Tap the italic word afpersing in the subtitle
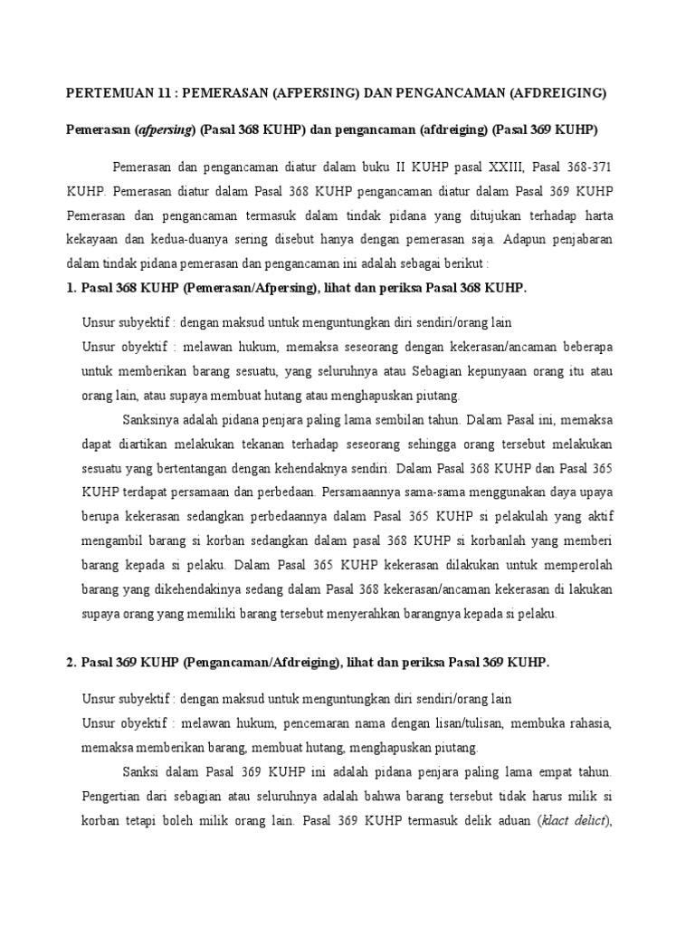click(166, 129)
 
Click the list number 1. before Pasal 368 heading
click(71, 287)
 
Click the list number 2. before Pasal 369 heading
click(71, 663)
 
